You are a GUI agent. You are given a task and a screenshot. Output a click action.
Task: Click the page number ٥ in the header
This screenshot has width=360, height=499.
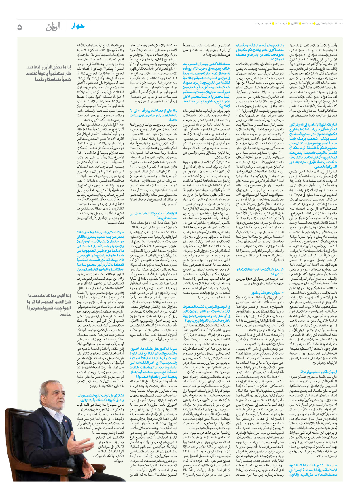pyautogui.click(x=20, y=27)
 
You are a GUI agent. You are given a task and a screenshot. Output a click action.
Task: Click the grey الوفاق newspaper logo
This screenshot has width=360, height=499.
pyautogui.click(x=53, y=27)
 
